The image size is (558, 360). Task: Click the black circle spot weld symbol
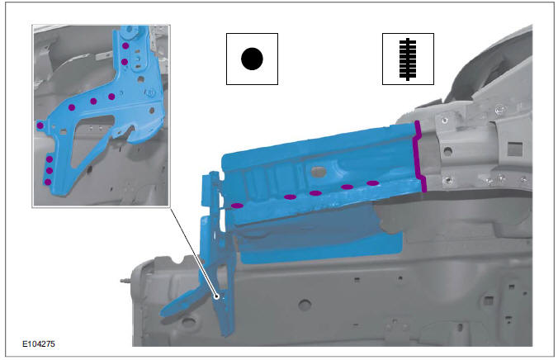[251, 59]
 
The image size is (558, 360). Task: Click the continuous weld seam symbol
[408, 59]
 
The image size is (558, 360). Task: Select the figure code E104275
[39, 341]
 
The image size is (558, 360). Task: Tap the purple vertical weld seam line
[420, 157]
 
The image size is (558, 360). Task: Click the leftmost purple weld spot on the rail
[238, 205]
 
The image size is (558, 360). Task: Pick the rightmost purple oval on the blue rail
[373, 182]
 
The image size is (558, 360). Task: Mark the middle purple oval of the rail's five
[315, 192]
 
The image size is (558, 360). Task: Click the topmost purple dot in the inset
[125, 45]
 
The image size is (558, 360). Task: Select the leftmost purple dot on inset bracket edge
[40, 126]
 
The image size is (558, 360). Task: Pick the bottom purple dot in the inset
[49, 181]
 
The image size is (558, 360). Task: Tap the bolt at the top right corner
[501, 108]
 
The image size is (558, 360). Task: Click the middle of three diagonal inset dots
[93, 101]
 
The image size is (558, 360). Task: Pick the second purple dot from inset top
[125, 62]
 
